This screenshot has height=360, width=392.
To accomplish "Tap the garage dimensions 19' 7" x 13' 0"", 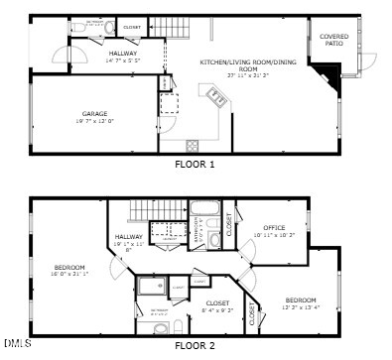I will click(x=95, y=121).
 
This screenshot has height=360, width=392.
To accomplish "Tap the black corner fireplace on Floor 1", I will click(x=328, y=71).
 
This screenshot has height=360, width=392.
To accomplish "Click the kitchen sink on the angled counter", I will click(x=215, y=95).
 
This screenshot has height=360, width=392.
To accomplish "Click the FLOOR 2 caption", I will click(x=195, y=346).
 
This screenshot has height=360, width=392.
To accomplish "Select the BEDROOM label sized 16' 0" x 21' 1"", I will click(x=69, y=268).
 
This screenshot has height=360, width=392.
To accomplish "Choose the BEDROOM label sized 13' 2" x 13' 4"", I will click(x=301, y=300).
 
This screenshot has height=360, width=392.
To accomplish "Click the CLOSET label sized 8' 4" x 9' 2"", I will click(x=217, y=302).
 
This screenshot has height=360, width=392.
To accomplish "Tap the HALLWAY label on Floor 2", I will click(x=129, y=237).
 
